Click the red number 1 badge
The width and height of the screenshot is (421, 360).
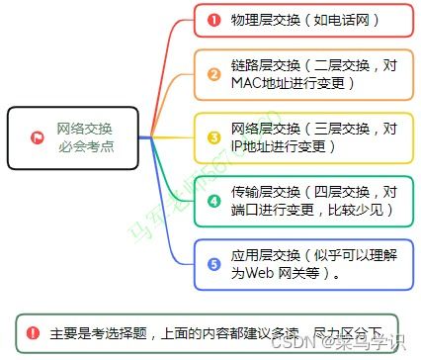coord(213,19)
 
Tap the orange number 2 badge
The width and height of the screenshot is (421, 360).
coord(213,74)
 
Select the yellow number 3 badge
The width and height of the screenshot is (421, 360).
coord(213,137)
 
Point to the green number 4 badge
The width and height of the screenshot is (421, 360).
coord(213,200)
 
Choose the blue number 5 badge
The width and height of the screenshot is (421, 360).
coord(213,264)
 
